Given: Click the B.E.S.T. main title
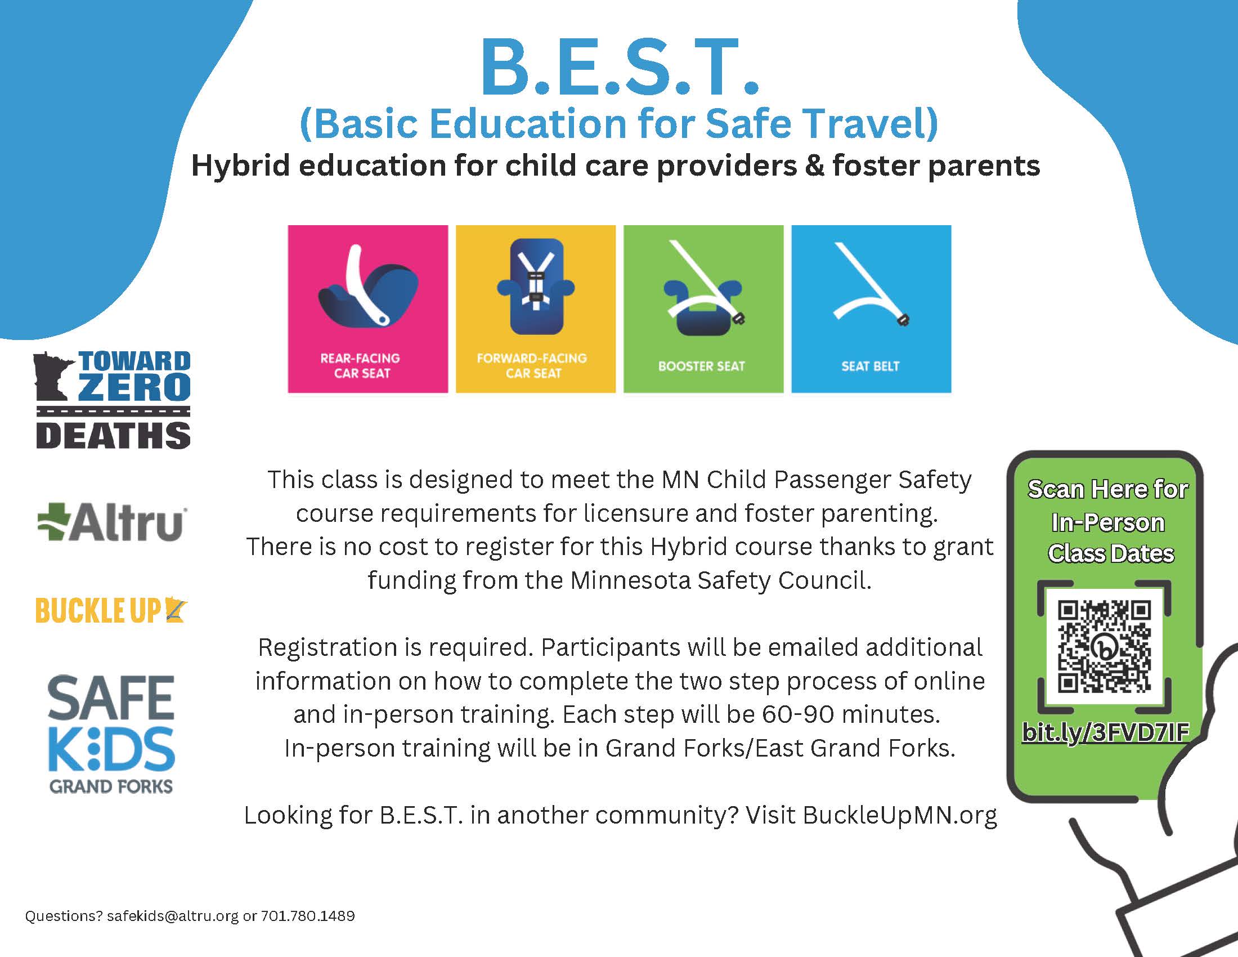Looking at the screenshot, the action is tap(619, 67).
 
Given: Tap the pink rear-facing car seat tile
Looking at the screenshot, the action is tap(368, 309).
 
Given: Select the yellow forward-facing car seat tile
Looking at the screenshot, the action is tap(536, 309).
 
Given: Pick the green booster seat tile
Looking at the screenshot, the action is tap(703, 309).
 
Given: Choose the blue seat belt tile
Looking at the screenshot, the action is tap(871, 309).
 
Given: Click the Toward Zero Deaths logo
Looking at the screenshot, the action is tap(113, 400).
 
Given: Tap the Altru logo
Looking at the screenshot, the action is tap(111, 522).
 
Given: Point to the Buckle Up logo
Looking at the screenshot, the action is tap(111, 611).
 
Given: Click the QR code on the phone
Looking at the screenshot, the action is tap(1104, 647).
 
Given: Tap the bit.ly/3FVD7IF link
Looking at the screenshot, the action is tap(1105, 732).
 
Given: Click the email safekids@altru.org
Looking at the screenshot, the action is tap(172, 916).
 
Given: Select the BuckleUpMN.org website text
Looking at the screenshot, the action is tap(900, 815).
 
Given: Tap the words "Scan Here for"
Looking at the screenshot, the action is tap(1107, 489).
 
